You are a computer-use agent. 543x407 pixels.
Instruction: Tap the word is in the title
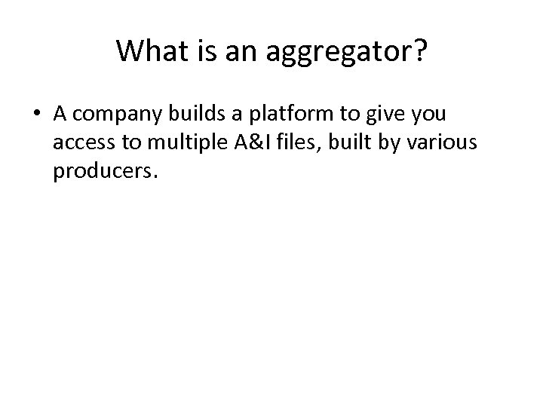tap(198, 50)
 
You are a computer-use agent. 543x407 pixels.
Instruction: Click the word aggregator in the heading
tap(334, 53)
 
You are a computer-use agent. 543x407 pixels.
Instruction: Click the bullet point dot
tap(37, 115)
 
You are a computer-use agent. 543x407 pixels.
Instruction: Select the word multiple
tap(179, 142)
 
